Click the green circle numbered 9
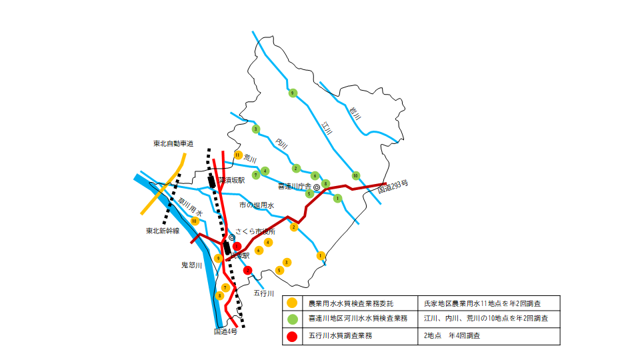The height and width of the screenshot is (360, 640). point(292,93)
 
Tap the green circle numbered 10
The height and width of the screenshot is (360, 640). point(355,175)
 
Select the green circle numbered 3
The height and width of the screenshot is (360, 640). point(255,129)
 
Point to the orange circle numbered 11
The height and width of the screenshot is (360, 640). point(238,155)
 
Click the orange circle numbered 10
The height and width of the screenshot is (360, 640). point(195,221)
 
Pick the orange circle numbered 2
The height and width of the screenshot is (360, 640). point(293,227)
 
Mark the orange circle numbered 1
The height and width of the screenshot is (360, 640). point(321,255)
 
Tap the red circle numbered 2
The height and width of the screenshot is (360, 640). point(247,270)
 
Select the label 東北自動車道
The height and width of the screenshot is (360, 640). point(173,143)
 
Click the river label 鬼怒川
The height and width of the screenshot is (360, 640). point(191,265)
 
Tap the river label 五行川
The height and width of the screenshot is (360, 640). point(265,292)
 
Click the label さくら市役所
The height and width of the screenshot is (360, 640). point(256,231)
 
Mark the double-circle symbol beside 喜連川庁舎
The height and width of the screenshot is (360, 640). point(317,187)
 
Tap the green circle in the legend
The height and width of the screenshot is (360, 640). point(291,319)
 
